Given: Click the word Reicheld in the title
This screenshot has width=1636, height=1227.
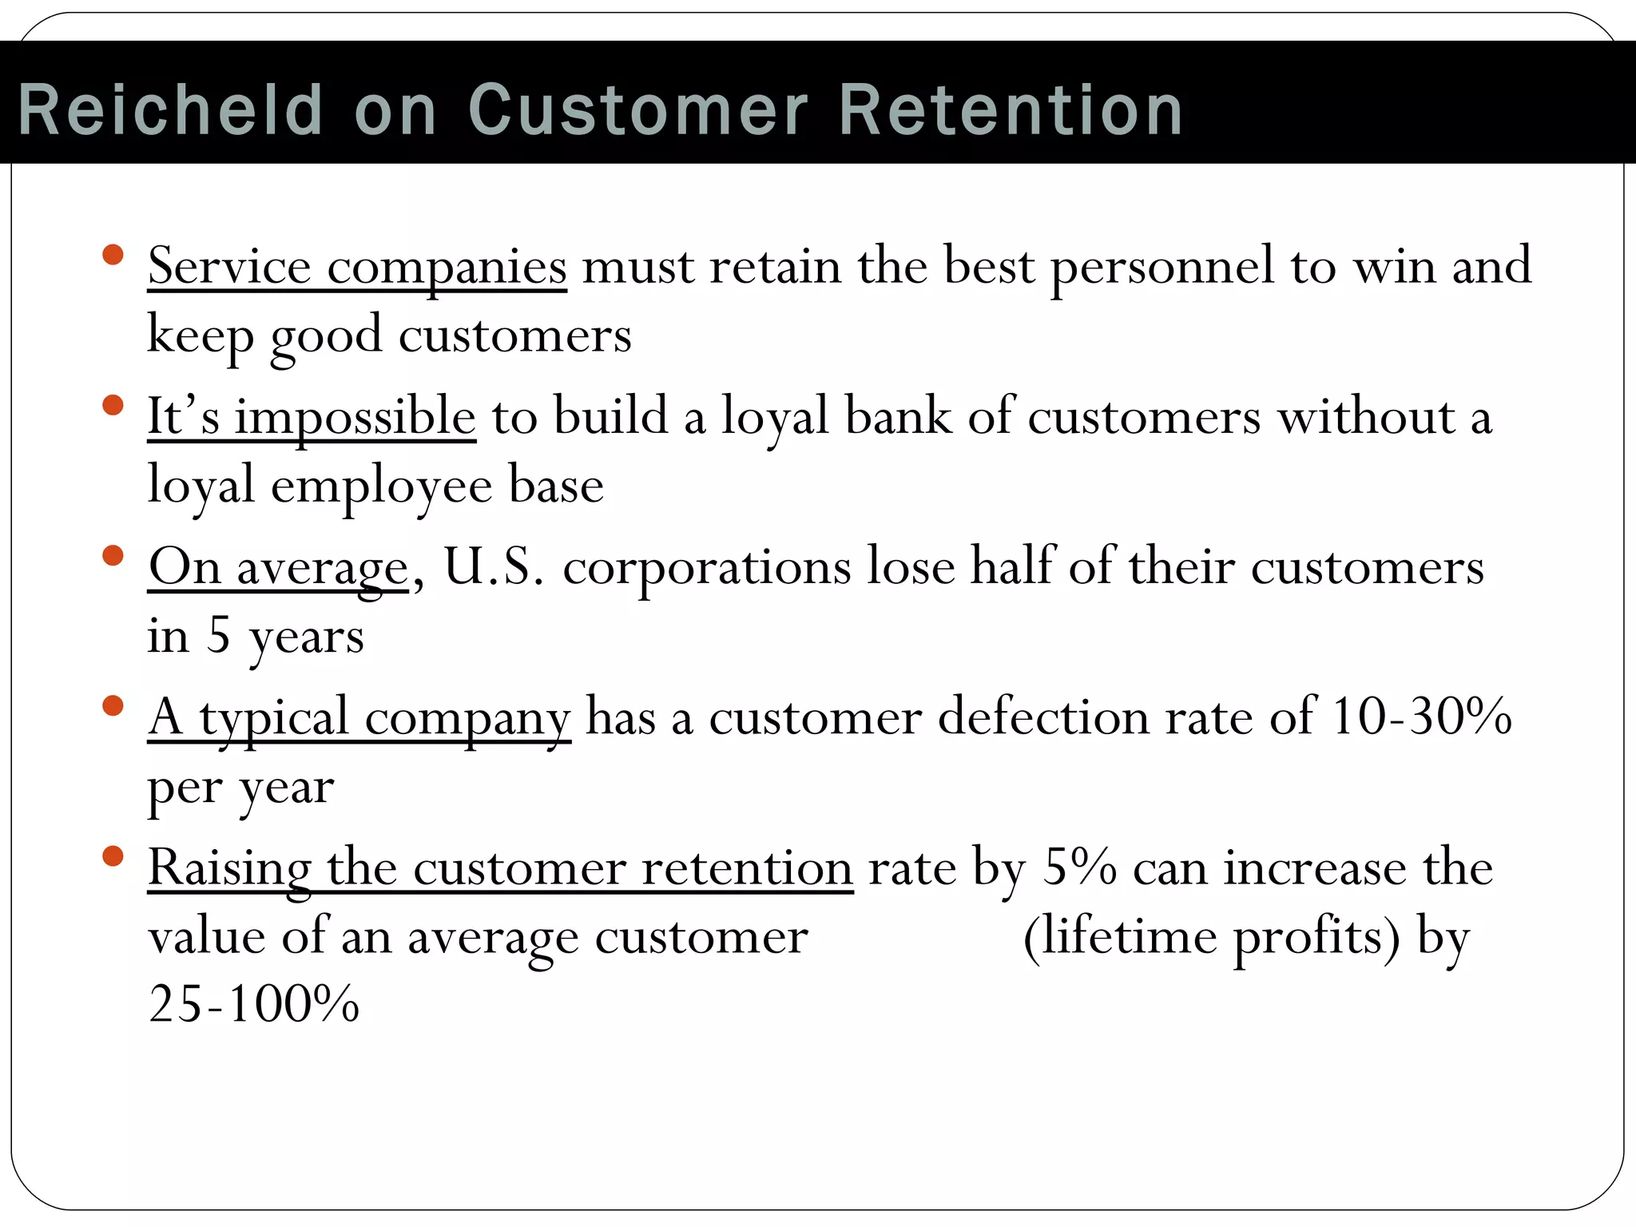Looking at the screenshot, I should [170, 110].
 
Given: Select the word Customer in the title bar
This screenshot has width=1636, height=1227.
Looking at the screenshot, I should [637, 110].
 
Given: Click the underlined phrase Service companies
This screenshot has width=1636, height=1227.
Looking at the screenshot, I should [357, 267].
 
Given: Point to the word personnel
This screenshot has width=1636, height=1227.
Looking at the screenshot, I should [1161, 267].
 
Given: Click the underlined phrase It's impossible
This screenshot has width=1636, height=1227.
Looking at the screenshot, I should [312, 417].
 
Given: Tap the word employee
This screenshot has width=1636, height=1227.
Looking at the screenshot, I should [381, 486].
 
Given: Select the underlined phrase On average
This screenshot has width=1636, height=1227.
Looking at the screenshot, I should [278, 567].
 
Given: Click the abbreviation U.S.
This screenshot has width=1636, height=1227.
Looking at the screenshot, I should [494, 567].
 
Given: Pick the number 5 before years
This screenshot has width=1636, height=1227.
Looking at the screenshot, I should [219, 636].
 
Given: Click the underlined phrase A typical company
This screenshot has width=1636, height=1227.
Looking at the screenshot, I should [359, 717].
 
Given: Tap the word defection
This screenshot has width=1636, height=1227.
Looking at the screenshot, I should [1043, 717].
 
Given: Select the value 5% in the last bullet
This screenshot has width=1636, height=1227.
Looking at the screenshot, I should [1079, 867].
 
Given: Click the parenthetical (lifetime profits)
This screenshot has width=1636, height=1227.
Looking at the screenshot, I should [1211, 936].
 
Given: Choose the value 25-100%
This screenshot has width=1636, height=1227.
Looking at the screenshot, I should [254, 1005].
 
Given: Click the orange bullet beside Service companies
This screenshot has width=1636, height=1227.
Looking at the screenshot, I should [113, 256].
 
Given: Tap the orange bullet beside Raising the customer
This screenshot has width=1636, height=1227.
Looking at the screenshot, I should [113, 856].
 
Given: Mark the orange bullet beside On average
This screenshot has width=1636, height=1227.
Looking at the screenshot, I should [113, 556].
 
